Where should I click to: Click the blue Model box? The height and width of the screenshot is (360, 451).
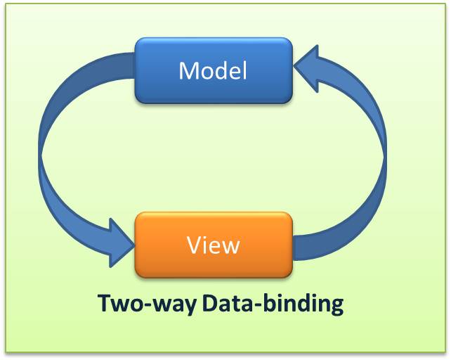tap(213, 70)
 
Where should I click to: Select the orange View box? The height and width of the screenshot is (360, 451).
tap(213, 245)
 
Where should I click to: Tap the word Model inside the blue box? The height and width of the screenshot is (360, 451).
tap(213, 71)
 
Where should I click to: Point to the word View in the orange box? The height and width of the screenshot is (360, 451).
tap(214, 245)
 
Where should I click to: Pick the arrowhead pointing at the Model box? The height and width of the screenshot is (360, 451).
tap(309, 65)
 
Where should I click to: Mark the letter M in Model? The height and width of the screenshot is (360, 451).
tap(188, 71)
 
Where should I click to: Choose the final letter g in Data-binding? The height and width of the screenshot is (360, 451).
tap(336, 307)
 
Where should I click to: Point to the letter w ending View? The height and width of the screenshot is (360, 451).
tap(230, 247)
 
